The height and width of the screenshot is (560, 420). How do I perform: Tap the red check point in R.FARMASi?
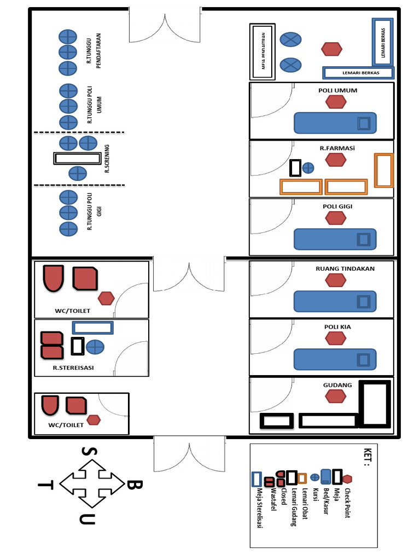tap(336, 160)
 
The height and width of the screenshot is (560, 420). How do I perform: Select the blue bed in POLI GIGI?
tap(335, 239)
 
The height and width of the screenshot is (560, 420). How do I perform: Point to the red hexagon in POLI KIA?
tap(336, 339)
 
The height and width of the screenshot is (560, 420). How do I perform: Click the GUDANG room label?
tap(337, 385)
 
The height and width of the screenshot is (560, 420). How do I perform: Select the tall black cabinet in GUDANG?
tap(374, 404)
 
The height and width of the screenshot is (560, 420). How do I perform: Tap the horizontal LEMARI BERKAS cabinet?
tap(359, 72)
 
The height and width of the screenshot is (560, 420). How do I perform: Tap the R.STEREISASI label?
tap(73, 368)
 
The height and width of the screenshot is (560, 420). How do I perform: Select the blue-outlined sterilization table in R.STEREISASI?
tap(93, 328)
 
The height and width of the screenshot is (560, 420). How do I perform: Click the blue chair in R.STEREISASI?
tap(95, 347)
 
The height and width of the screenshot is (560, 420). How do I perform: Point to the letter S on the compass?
tap(86, 451)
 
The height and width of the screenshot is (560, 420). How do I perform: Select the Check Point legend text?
tap(347, 499)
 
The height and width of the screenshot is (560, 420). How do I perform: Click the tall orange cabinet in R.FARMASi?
tap(383, 171)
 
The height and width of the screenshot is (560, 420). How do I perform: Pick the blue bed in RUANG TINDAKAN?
tap(335, 301)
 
